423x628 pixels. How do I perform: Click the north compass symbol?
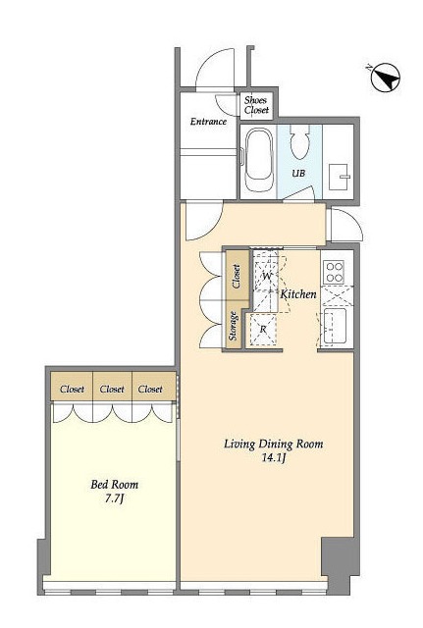[x=385, y=78]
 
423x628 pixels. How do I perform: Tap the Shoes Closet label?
[x=256, y=105]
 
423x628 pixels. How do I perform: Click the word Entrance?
[x=208, y=122]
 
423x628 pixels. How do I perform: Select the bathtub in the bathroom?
[x=260, y=160]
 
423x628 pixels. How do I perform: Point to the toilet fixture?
[x=299, y=142]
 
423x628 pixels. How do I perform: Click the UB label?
[x=298, y=173]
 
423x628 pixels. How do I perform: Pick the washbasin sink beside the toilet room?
[x=340, y=177]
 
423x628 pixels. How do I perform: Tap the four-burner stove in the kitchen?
[x=334, y=272]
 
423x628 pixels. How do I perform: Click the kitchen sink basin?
[x=335, y=327]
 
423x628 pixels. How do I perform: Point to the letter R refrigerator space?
[x=263, y=330]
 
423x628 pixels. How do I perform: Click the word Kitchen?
[x=298, y=294]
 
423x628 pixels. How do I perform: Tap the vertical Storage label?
[x=234, y=326]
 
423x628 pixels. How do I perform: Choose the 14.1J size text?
[x=273, y=457]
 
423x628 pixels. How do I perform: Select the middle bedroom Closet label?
[x=112, y=389]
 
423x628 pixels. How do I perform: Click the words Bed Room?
[x=115, y=485]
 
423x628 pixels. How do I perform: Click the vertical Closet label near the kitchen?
[x=237, y=276]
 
